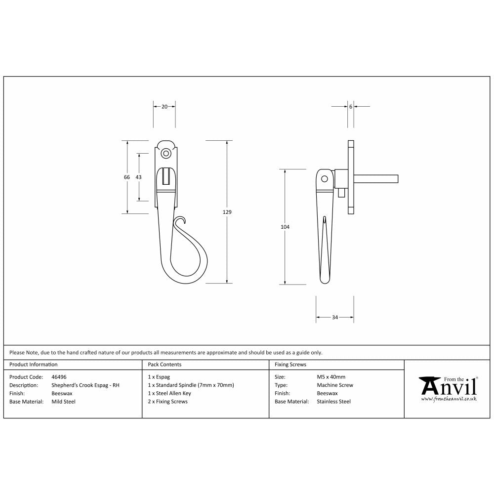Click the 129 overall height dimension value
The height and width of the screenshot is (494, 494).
click(227, 212)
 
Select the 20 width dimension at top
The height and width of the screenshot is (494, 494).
click(164, 106)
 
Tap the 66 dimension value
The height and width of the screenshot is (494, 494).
click(127, 177)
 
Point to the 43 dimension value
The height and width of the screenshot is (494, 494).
click(139, 177)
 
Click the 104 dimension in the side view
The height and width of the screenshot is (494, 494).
click(285, 227)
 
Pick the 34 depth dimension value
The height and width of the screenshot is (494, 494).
click(334, 317)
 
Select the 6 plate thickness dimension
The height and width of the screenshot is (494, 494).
click(350, 106)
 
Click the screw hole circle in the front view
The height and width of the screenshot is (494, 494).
click(166, 154)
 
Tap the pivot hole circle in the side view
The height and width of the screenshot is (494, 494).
click(325, 179)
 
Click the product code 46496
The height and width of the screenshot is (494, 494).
click(59, 376)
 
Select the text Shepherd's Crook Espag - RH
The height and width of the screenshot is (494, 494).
click(85, 385)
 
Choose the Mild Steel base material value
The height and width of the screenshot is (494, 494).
click(64, 402)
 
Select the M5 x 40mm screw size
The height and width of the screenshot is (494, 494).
click(331, 376)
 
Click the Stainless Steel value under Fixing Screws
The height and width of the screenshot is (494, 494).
click(333, 402)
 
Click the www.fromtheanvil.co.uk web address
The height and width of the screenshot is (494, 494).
click(449, 398)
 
